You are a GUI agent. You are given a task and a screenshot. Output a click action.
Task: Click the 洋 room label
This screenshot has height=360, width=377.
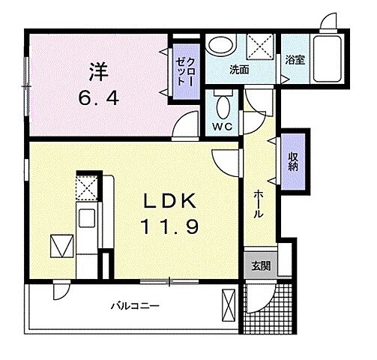pos(98,73)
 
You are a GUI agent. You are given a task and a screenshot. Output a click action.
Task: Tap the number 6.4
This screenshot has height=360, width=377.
pos(98,98)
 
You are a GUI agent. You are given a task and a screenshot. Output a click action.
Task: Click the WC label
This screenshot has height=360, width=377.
pos(223,125)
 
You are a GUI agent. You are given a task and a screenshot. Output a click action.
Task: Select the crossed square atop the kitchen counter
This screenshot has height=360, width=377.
pos(87,187)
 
